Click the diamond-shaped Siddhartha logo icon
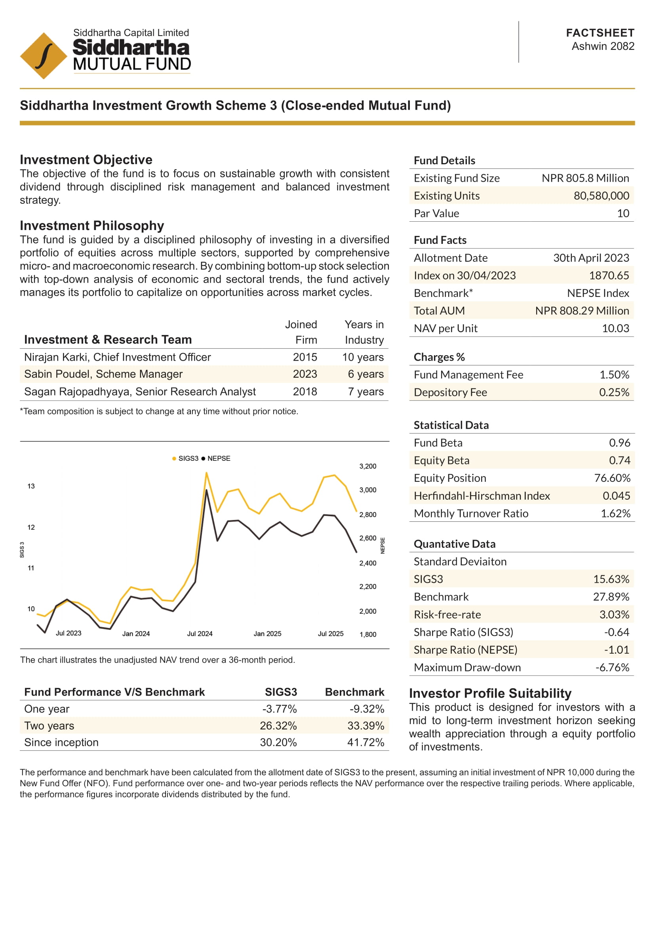click(x=44, y=56)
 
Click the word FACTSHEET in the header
click(x=600, y=33)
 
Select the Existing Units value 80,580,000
click(x=601, y=196)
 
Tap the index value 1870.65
click(x=609, y=276)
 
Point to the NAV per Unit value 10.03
click(x=615, y=328)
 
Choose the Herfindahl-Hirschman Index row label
click(x=482, y=496)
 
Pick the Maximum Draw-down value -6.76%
click(x=612, y=667)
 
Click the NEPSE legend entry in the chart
click(x=216, y=458)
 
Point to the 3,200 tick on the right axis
click(x=367, y=466)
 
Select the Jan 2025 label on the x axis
click(x=267, y=633)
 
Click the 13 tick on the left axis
click(x=31, y=486)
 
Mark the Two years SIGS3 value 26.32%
click(x=278, y=726)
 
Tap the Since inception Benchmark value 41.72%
click(x=366, y=742)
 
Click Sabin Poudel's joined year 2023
click(x=305, y=374)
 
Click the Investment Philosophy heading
click(x=92, y=225)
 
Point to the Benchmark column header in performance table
click(x=354, y=692)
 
